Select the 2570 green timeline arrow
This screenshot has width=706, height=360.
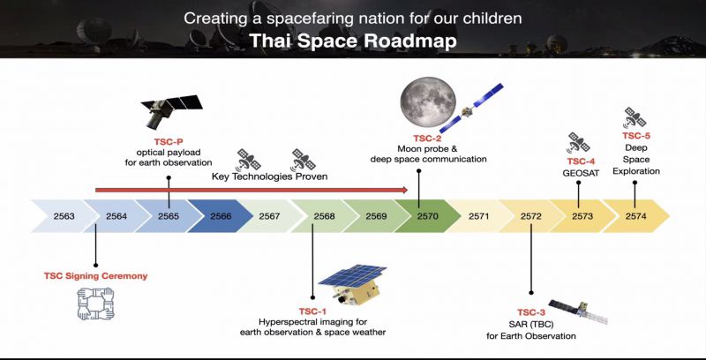[x=428, y=216]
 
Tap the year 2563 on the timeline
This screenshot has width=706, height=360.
[x=64, y=216]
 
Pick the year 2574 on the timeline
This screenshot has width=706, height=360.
[x=635, y=216]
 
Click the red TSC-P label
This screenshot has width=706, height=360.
[x=168, y=141]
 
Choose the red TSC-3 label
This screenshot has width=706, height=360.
[x=531, y=312]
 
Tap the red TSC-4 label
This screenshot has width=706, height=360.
[x=582, y=161]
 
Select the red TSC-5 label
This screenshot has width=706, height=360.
[x=636, y=136]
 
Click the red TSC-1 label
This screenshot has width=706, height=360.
[x=312, y=311]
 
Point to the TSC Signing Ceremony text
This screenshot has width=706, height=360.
[x=95, y=276]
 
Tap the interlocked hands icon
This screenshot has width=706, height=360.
[x=95, y=304]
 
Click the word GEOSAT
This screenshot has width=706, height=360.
[x=581, y=173]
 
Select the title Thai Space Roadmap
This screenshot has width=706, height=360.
[x=353, y=41]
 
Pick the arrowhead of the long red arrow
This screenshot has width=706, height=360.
[x=404, y=190]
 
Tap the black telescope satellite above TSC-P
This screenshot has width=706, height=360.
[x=171, y=110]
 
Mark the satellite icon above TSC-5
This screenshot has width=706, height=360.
[x=635, y=118]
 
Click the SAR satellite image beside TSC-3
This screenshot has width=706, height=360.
[x=578, y=311]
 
